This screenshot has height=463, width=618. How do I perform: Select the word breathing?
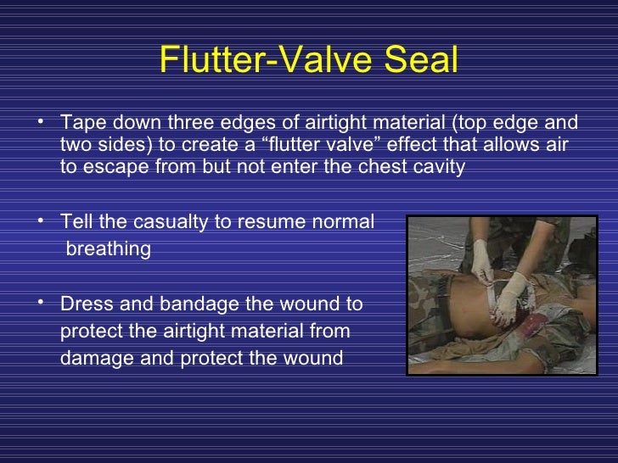[109, 249]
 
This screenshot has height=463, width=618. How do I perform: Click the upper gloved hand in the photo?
[481, 259]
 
